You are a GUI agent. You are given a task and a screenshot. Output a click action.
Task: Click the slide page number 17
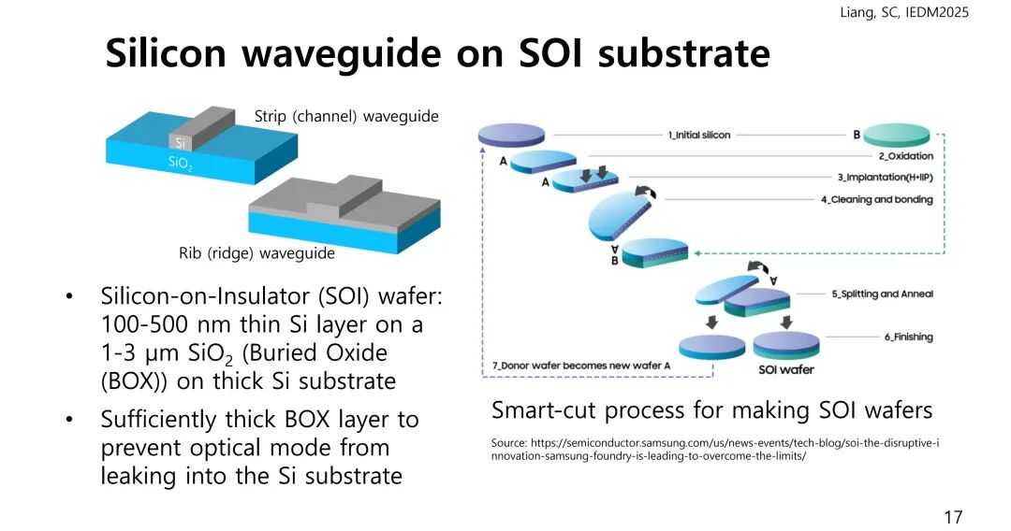pyautogui.click(x=953, y=517)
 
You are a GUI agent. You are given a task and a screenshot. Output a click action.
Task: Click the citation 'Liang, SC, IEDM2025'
pyautogui.click(x=905, y=12)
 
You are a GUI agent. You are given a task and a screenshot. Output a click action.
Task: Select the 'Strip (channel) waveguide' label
pyautogui.click(x=346, y=116)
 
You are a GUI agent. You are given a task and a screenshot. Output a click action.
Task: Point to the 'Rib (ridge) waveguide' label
pyautogui.click(x=256, y=252)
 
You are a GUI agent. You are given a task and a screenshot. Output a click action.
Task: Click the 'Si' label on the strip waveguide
pyautogui.click(x=182, y=143)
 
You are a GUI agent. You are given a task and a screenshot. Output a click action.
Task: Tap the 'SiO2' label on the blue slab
pyautogui.click(x=181, y=163)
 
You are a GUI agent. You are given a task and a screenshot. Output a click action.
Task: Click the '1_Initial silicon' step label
pyautogui.click(x=700, y=135)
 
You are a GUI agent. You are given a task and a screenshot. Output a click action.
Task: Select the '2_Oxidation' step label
pyautogui.click(x=905, y=156)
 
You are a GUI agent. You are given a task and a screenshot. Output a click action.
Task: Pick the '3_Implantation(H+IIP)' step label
pyautogui.click(x=885, y=178)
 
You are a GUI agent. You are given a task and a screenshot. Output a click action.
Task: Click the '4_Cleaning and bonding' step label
pyautogui.click(x=876, y=199)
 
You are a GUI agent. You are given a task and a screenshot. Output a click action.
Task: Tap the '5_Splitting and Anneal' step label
pyautogui.click(x=882, y=294)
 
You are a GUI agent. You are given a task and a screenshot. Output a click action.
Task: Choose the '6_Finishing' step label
pyautogui.click(x=908, y=337)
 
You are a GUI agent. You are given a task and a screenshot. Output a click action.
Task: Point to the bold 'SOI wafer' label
pyautogui.click(x=785, y=369)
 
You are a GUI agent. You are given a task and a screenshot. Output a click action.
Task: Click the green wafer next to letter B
pyautogui.click(x=896, y=135)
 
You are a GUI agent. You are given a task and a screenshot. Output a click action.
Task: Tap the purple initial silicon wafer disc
pyautogui.click(x=510, y=135)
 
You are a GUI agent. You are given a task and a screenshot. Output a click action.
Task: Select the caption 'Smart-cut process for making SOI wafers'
pyautogui.click(x=711, y=410)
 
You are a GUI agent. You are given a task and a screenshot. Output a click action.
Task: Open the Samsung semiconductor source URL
pyautogui.click(x=715, y=449)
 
